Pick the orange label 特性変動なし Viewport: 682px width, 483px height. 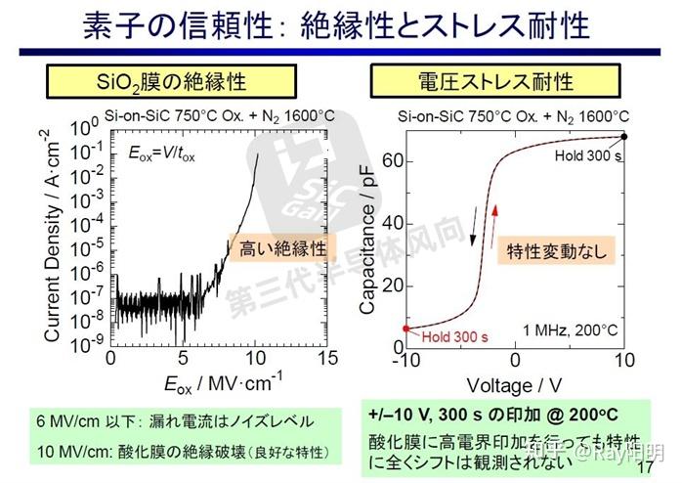tap(556, 251)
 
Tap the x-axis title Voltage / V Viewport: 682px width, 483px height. tap(515, 385)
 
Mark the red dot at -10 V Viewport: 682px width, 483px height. tap(406, 329)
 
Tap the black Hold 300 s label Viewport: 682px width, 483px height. tap(588, 155)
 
